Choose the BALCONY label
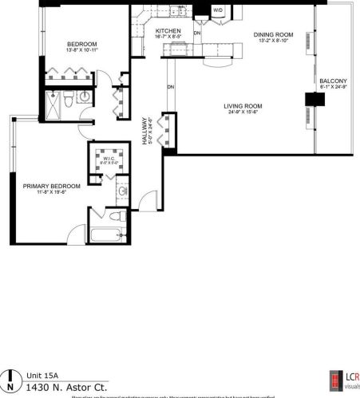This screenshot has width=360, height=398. pos(333,81)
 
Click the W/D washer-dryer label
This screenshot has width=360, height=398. pos(218,10)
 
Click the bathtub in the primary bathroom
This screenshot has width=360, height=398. pos(106,234)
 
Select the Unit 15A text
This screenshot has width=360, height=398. pos(42,376)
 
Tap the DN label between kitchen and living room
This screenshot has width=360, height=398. pos(171,86)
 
